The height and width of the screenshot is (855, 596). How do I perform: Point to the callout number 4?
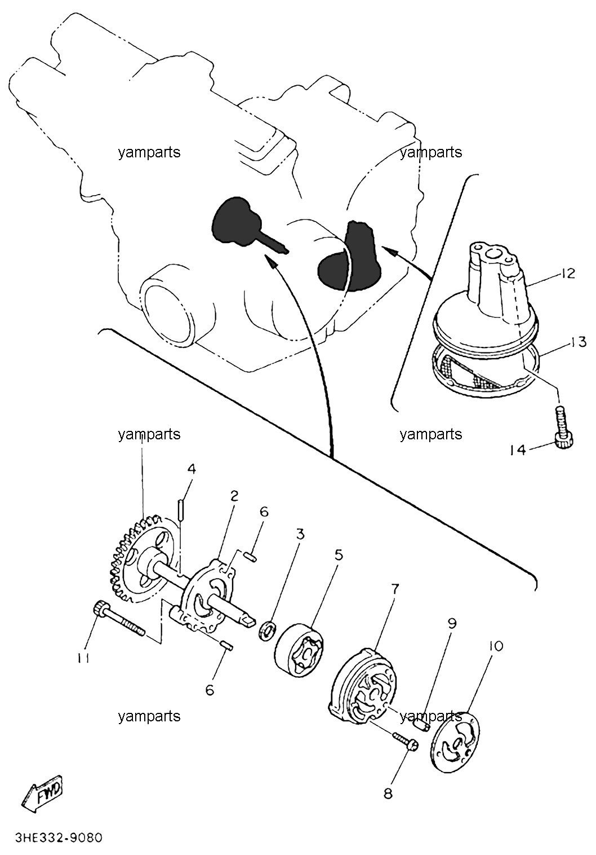(192, 468)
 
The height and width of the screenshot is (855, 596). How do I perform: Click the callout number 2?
(234, 496)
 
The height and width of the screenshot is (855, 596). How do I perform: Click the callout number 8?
(388, 794)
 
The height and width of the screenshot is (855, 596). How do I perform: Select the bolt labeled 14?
(563, 427)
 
